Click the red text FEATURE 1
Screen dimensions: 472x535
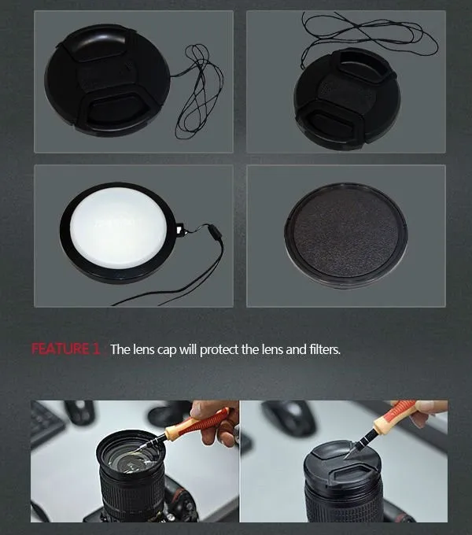click(65, 349)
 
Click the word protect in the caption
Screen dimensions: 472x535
click(219, 350)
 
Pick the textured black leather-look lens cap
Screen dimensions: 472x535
click(346, 235)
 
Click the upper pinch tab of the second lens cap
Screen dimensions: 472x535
click(364, 65)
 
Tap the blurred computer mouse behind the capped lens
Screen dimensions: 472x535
click(289, 417)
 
